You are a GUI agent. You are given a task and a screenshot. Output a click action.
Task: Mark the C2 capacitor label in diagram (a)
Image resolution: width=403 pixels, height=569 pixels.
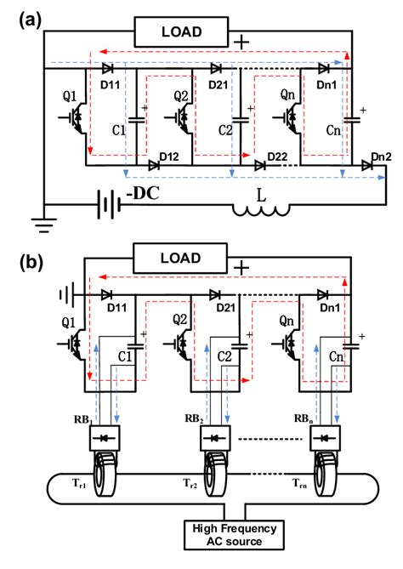pyautogui.click(x=225, y=132)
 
